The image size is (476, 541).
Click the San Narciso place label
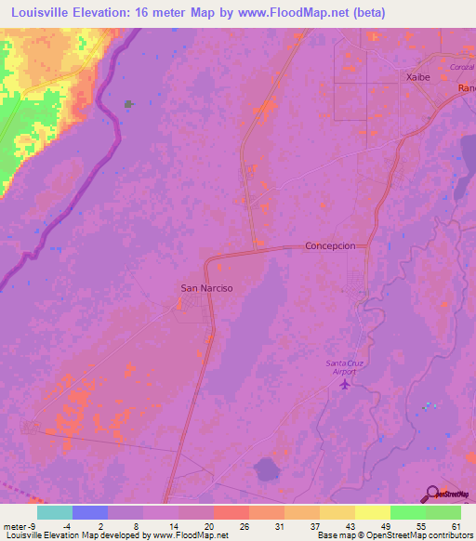[x=205, y=288]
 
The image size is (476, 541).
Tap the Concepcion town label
[x=331, y=246]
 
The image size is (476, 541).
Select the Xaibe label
[x=416, y=79]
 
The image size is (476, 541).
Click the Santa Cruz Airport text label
[x=347, y=366]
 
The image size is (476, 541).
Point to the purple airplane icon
[x=347, y=383]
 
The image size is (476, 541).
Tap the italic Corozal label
[x=461, y=69]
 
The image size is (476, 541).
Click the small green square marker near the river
[x=128, y=104]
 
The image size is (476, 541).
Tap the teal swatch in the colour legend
[x=54, y=512]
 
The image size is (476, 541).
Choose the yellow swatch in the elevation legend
[x=373, y=512]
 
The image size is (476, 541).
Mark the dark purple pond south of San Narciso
[x=268, y=468]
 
